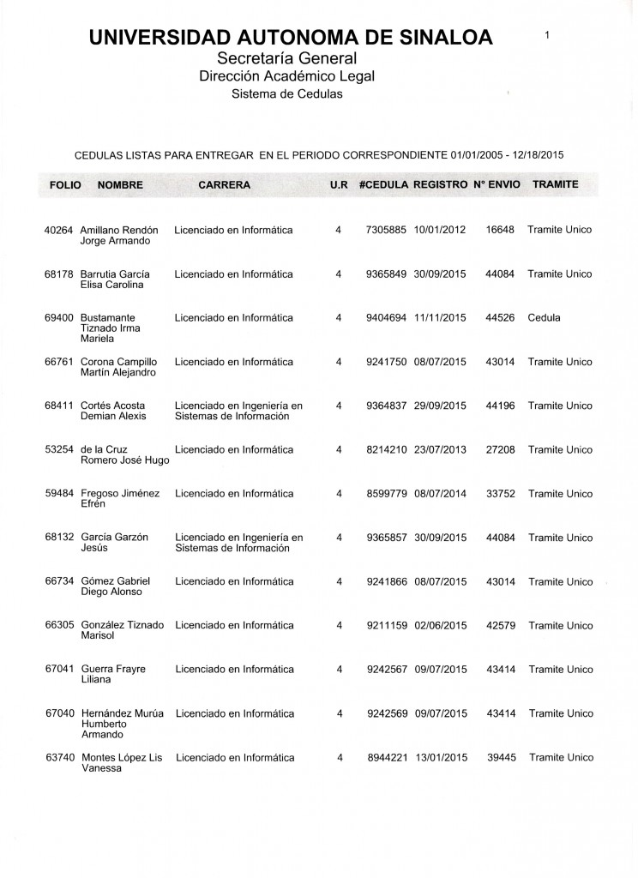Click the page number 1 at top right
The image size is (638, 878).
546,34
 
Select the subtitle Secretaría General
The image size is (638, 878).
286,58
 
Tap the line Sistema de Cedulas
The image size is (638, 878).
286,94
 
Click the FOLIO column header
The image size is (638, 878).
65,185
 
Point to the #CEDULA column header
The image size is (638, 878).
383,185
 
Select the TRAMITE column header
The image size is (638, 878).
555,185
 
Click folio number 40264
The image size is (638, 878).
60,230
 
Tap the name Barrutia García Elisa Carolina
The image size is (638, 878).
116,280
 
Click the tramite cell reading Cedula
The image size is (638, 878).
545,318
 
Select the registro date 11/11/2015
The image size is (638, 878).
439,318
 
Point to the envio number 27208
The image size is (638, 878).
500,449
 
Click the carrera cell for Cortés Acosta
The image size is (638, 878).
238,411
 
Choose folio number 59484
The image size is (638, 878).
60,494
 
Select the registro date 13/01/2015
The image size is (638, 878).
439,758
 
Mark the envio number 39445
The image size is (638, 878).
500,758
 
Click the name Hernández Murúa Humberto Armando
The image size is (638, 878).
121,724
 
